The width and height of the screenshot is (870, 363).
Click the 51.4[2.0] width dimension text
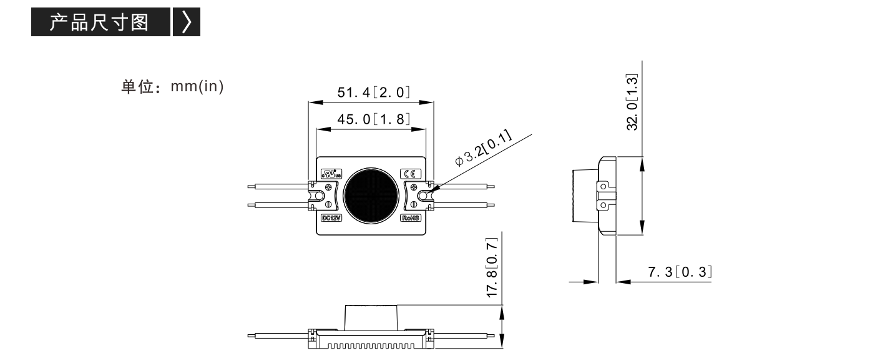[x=373, y=92]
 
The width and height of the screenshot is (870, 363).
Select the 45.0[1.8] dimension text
[x=373, y=119]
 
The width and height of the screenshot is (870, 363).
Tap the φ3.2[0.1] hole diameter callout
[x=483, y=148]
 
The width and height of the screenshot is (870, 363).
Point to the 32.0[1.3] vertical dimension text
[x=632, y=102]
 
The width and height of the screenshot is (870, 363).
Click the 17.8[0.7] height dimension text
[x=492, y=268]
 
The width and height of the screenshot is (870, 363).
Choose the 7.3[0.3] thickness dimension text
[x=680, y=272]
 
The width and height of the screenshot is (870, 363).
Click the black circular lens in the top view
[x=371, y=196]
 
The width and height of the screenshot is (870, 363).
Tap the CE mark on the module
[x=411, y=174]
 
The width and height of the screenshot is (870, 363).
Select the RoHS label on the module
[x=411, y=217]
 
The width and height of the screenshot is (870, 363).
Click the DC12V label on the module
[x=331, y=217]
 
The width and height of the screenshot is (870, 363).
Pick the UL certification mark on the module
[x=331, y=174]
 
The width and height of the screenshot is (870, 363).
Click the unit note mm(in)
[x=197, y=86]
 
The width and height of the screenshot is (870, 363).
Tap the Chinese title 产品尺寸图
[x=99, y=22]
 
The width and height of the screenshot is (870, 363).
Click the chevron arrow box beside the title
[x=187, y=22]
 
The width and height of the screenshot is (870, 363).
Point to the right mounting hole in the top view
[x=423, y=196]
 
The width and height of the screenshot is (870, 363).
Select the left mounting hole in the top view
[x=319, y=196]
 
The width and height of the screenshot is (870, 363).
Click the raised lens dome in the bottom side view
[x=371, y=317]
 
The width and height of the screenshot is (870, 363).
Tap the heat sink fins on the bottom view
[x=371, y=346]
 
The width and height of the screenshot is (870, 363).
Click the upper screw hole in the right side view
[x=603, y=187]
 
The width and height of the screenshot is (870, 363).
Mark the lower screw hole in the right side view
[x=603, y=205]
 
